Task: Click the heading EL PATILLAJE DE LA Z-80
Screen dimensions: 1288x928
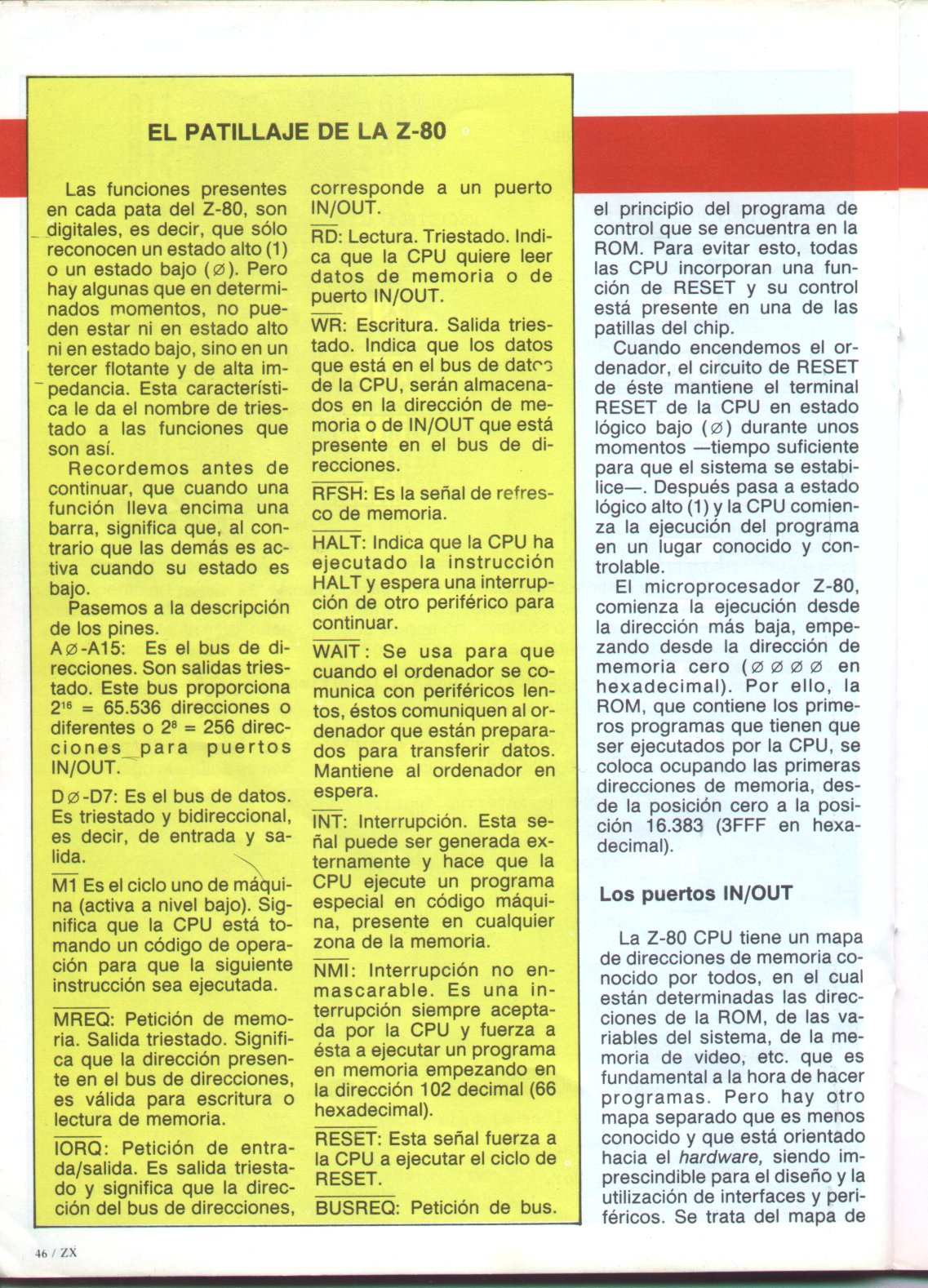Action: [297, 131]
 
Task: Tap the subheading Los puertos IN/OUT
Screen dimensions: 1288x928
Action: [695, 893]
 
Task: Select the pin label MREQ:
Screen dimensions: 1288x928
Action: [82, 1020]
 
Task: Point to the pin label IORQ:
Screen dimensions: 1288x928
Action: [79, 1149]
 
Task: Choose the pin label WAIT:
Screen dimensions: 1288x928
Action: [340, 651]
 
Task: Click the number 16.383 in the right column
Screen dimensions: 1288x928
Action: [673, 825]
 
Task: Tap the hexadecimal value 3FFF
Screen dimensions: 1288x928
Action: [746, 825]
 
